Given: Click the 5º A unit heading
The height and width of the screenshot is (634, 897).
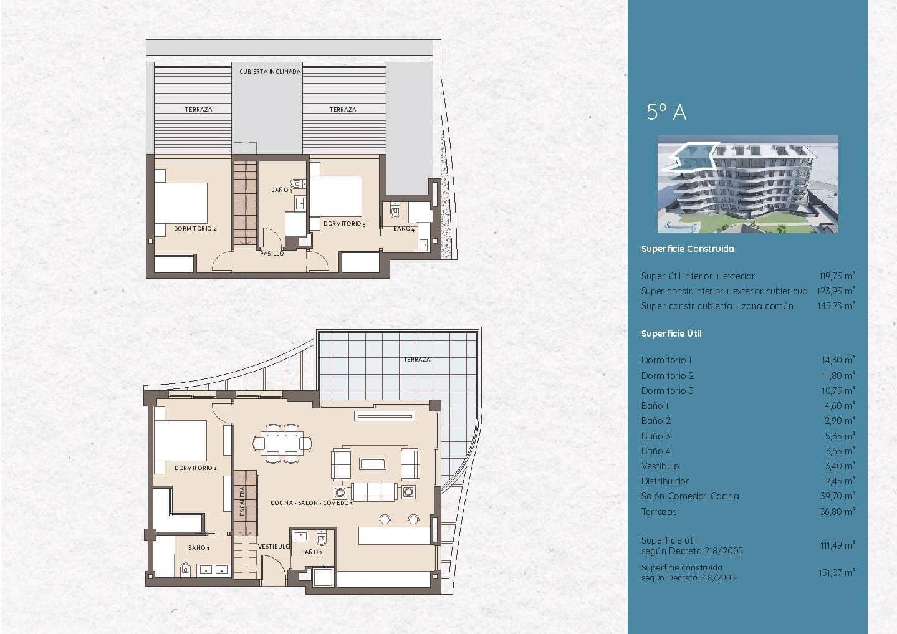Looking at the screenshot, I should tap(666, 112).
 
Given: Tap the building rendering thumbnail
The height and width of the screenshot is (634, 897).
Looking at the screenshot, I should tap(747, 184).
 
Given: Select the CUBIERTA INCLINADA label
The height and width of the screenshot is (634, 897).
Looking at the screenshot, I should tap(270, 72).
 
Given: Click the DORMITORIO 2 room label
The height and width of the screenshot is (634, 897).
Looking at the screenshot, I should tap(195, 229).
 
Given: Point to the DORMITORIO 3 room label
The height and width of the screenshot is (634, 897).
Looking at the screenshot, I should tap(344, 224).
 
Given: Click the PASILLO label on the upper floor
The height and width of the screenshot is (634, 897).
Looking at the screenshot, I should tap(272, 253).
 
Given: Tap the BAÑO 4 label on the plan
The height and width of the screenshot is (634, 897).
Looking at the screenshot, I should tap(404, 229).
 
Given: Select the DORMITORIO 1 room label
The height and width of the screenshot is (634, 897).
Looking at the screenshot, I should tap(195, 468).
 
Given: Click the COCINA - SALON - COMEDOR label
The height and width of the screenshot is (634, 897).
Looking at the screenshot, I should tap(312, 502).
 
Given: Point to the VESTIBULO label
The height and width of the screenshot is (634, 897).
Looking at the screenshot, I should tap(274, 546).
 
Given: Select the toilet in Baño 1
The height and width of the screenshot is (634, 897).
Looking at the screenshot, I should tap(185, 569).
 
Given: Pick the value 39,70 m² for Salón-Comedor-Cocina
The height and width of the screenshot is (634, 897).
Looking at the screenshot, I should tap(838, 496).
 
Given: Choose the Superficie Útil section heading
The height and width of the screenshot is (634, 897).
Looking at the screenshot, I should tap(671, 334).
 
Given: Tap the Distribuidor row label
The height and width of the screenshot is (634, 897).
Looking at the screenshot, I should tap(665, 481).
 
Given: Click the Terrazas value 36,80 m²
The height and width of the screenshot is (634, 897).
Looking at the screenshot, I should tap(838, 512).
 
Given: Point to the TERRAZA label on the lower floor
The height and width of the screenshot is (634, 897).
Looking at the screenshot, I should tap(416, 360).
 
